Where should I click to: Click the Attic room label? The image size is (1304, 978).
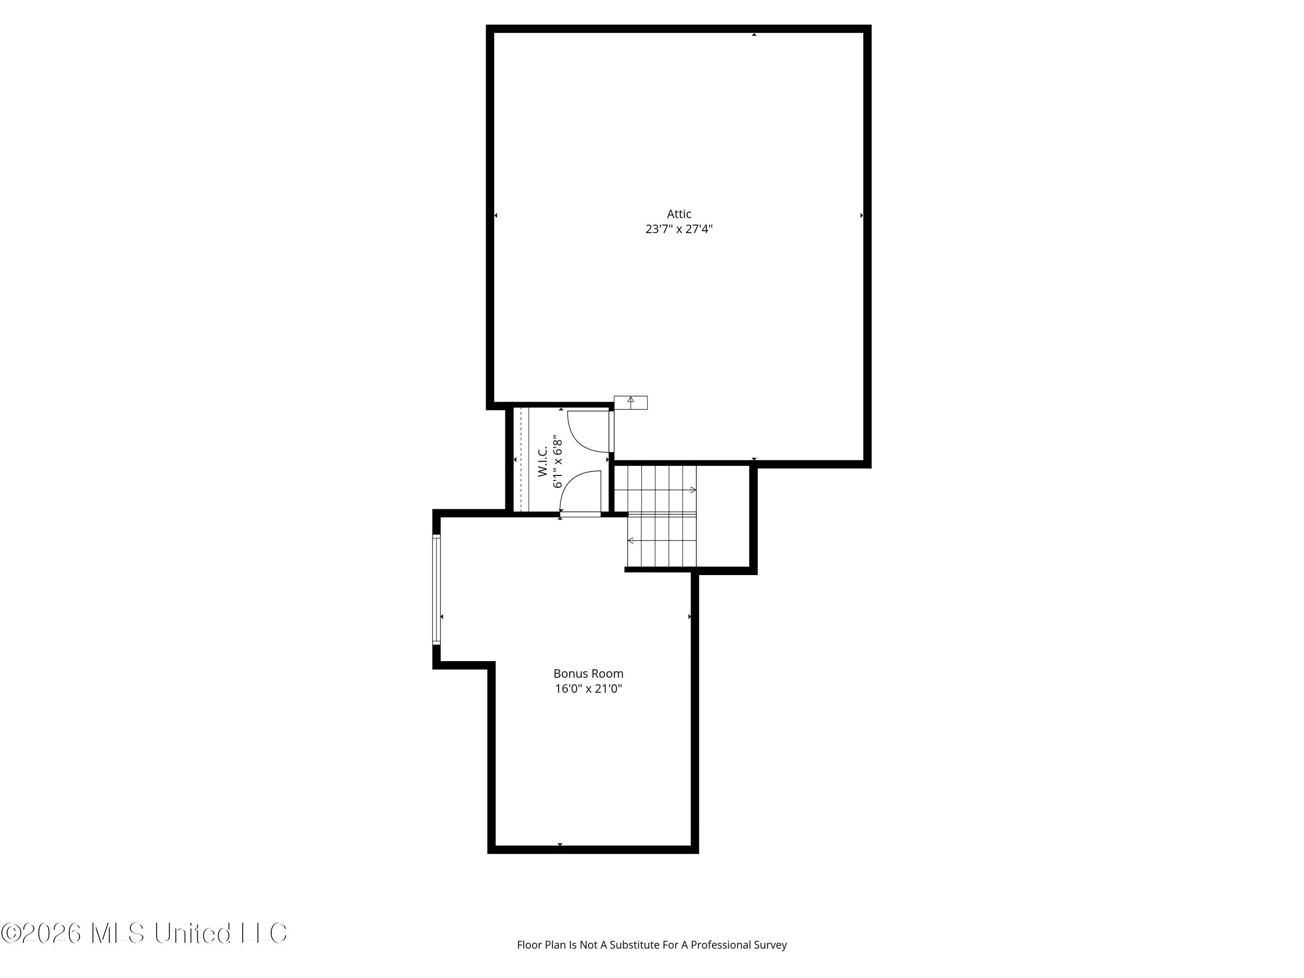tap(679, 214)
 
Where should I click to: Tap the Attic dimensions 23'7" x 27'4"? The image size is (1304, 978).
tap(679, 230)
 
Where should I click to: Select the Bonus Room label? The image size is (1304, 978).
tap(589, 673)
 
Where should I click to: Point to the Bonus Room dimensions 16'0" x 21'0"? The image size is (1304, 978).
tap(589, 689)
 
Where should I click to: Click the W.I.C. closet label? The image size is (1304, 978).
tap(543, 461)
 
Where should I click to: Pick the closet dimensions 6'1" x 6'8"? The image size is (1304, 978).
tap(558, 462)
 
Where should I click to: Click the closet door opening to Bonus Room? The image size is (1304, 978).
tap(580, 494)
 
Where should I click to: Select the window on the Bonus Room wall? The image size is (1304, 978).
tap(436, 589)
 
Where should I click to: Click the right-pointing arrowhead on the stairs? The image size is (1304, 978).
tap(693, 490)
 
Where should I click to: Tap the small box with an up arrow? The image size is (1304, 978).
tap(631, 403)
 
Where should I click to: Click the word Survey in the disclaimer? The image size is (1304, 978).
tap(771, 961)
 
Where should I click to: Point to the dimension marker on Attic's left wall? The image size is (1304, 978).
tap(496, 216)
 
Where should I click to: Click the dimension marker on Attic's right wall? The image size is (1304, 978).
tap(862, 216)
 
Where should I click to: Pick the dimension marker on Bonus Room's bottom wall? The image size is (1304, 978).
tap(560, 845)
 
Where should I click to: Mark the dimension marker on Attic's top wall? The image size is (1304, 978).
tap(754, 35)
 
